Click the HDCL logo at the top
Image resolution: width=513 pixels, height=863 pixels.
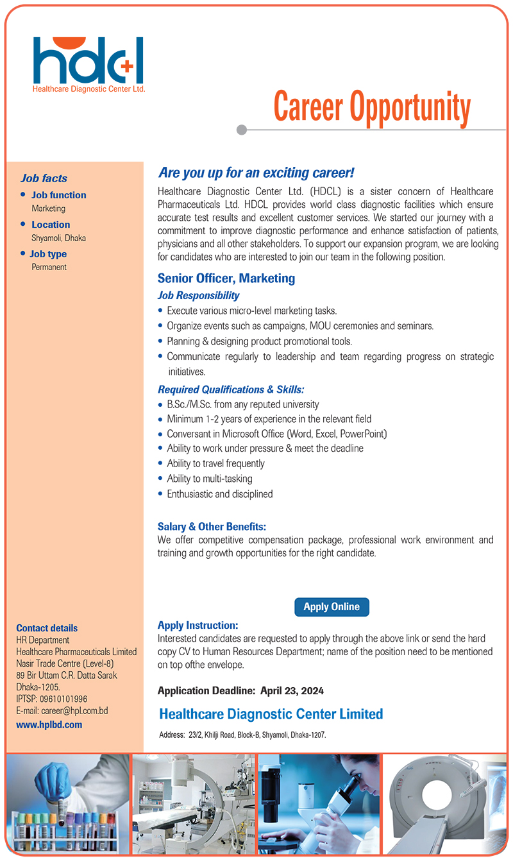(x=88, y=64)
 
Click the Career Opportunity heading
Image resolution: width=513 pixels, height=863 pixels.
(x=372, y=107)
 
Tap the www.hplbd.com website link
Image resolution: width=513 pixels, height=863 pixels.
(x=49, y=724)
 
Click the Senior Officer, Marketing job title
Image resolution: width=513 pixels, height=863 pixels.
(x=226, y=278)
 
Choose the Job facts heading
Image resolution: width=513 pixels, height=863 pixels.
(x=44, y=178)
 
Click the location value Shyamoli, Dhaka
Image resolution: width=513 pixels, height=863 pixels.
(x=59, y=238)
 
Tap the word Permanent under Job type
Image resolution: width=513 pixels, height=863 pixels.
(x=49, y=267)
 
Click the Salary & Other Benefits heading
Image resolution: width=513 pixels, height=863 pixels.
(x=212, y=527)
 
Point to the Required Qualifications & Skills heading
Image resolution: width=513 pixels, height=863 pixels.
(x=231, y=389)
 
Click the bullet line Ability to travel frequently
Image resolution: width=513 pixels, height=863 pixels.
(x=215, y=463)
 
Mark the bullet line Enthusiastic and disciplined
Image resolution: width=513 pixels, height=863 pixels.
(x=220, y=494)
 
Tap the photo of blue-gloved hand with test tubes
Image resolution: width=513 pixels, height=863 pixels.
(x=67, y=803)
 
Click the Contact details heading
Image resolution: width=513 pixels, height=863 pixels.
(x=47, y=628)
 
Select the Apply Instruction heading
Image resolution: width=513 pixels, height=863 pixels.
(x=198, y=625)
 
